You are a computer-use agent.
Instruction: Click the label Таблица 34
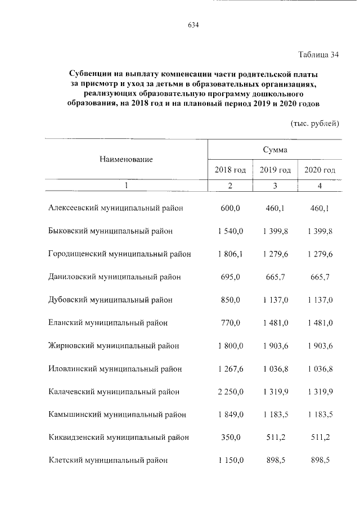pos(318,55)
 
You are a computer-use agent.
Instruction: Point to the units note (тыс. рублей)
pos(314,123)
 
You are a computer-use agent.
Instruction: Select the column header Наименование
pos(127,160)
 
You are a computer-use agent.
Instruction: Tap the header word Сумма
pos(274,150)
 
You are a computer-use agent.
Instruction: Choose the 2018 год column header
pos(231,170)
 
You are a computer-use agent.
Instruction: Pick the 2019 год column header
pos(275,170)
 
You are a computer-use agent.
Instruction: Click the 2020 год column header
pos(319,170)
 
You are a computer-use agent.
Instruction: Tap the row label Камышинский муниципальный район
pos(117,415)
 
